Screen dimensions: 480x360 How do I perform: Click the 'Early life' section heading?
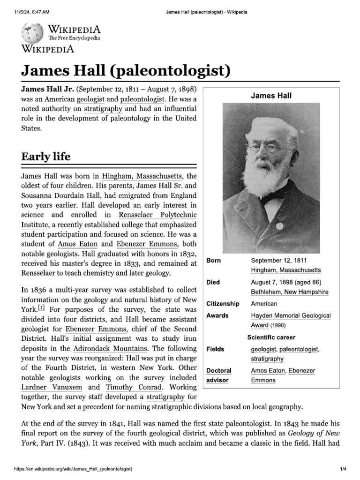(x=46, y=157)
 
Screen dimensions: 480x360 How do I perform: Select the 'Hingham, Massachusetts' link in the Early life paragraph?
(x=142, y=177)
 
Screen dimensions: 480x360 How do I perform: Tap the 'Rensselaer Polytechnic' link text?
(x=157, y=215)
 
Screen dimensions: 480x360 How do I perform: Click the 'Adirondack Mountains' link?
(x=110, y=348)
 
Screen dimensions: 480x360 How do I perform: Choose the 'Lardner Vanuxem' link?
(x=45, y=387)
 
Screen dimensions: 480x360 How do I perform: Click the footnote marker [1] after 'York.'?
(x=41, y=308)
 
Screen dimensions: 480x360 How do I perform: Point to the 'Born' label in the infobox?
(x=214, y=261)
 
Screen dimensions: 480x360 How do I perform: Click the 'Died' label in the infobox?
(x=213, y=282)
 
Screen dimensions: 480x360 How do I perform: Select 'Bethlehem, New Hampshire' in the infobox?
(x=290, y=292)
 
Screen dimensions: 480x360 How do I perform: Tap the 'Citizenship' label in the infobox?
(x=223, y=304)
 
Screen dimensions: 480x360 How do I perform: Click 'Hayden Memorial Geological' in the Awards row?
(x=291, y=316)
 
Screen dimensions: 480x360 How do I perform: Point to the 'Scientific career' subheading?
(x=271, y=337)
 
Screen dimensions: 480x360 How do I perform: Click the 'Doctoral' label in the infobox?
(x=219, y=371)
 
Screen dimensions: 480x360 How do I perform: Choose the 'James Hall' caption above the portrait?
(x=271, y=96)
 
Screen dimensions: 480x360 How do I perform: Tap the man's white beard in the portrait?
(x=265, y=175)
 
